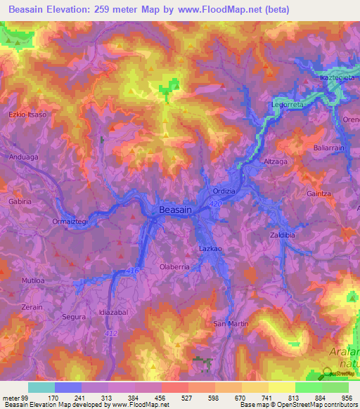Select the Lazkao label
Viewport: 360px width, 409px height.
click(x=210, y=249)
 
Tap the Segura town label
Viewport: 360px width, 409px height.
click(x=73, y=317)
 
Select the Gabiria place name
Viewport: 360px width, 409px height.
click(x=20, y=201)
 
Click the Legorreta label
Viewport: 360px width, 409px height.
click(x=287, y=105)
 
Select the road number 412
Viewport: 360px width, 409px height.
click(x=112, y=333)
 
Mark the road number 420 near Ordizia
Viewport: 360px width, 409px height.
click(x=215, y=204)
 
